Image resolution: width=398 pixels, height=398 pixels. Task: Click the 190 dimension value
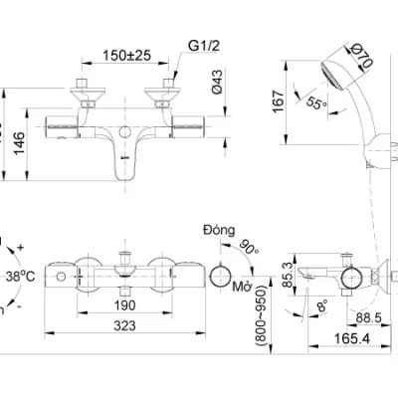pyautogui.click(x=124, y=306)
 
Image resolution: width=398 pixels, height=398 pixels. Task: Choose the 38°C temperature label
pyautogui.click(x=21, y=277)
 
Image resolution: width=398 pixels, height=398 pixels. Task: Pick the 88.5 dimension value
pyautogui.click(x=369, y=317)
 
